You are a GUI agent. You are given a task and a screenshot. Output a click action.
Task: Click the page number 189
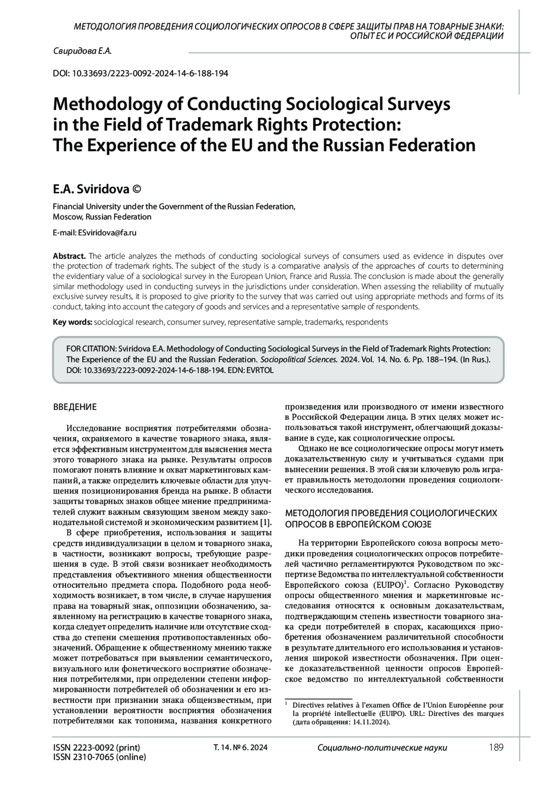496,748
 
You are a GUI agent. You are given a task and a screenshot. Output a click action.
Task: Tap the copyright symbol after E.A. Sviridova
137,189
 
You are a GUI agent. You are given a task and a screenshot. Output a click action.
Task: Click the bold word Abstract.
69,256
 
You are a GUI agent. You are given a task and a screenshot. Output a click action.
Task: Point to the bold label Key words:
73,322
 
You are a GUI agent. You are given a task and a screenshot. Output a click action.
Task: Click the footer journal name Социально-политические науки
382,748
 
